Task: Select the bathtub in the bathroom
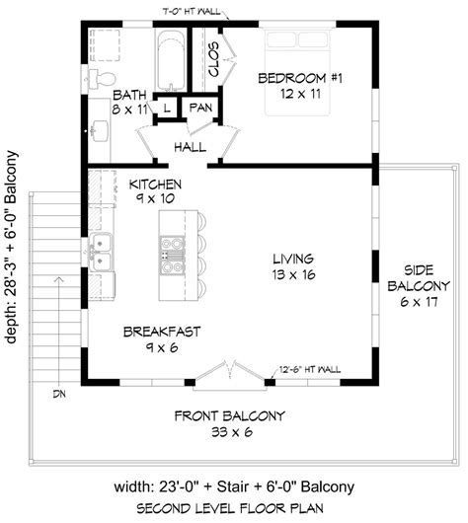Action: [x=171, y=60]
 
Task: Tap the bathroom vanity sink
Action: [x=99, y=130]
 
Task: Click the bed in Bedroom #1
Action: [x=298, y=73]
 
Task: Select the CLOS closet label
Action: [x=213, y=59]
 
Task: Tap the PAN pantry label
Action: [x=200, y=108]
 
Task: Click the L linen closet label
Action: [x=167, y=108]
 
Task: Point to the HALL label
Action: [x=190, y=147]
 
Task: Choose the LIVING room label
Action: [x=293, y=259]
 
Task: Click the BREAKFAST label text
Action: [x=162, y=332]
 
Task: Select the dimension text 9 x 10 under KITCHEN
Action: [x=155, y=198]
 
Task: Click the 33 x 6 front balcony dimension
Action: [x=232, y=432]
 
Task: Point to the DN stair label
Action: [x=59, y=395]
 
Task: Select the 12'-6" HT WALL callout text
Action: [x=310, y=370]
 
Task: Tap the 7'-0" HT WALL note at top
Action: [x=192, y=12]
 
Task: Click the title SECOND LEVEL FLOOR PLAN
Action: [x=230, y=508]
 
